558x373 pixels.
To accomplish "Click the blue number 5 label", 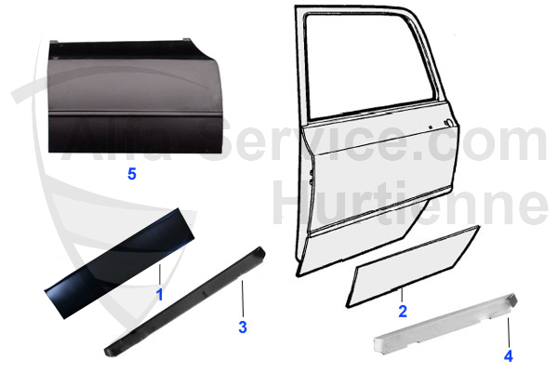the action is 132,174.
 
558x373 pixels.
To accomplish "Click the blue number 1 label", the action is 160,295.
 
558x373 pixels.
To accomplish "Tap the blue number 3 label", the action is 243,326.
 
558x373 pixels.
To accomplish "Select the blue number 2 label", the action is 403,312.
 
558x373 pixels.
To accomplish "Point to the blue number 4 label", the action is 509,356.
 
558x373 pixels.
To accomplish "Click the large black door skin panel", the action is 135,96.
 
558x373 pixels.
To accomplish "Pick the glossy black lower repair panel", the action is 119,263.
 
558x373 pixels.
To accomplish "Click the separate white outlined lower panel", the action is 413,266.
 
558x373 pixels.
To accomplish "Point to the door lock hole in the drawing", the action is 448,123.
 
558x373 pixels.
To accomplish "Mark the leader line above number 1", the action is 160,274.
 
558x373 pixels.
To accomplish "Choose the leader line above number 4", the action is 509,332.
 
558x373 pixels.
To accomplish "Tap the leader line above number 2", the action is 402,296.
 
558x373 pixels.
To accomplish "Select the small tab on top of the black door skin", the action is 187,39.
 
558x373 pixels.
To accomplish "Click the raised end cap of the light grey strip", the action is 511,299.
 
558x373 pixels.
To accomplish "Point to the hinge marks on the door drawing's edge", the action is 312,177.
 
